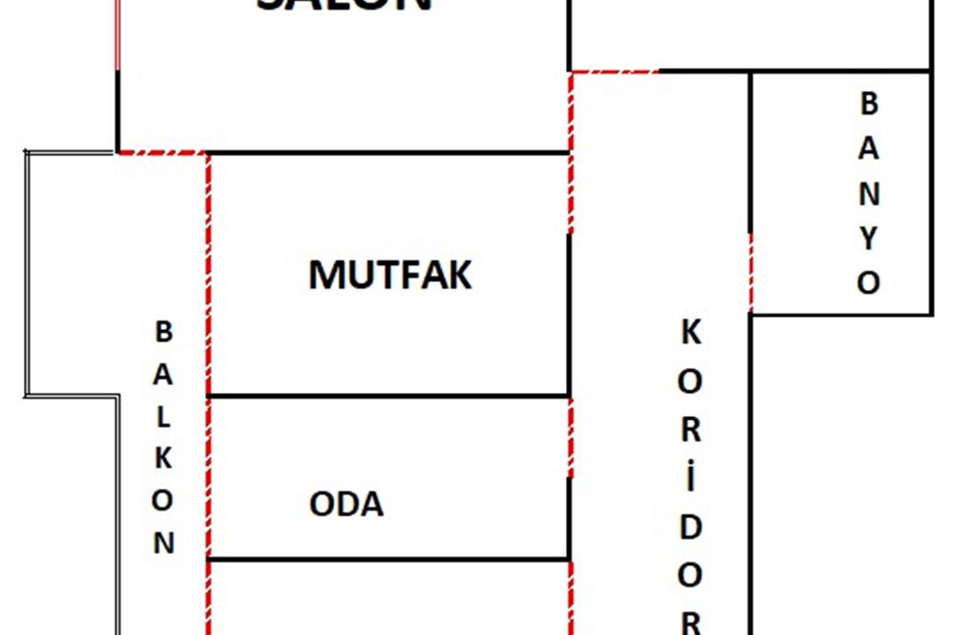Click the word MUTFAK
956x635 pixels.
[390, 275]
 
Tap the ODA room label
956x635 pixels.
[346, 505]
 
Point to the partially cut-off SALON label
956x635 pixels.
[344, 6]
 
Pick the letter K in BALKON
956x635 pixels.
[164, 458]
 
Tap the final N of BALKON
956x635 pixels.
[164, 543]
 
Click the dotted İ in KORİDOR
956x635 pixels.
[691, 475]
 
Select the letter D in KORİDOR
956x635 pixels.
[691, 526]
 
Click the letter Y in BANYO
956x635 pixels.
[868, 238]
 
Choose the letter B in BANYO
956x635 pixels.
[868, 103]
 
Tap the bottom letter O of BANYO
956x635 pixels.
[868, 283]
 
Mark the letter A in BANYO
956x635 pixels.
[868, 148]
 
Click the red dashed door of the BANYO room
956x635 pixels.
[750, 274]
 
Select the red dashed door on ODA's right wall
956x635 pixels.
[571, 437]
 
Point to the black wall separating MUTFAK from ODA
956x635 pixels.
[388, 396]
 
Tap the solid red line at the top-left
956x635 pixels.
[117, 34]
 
